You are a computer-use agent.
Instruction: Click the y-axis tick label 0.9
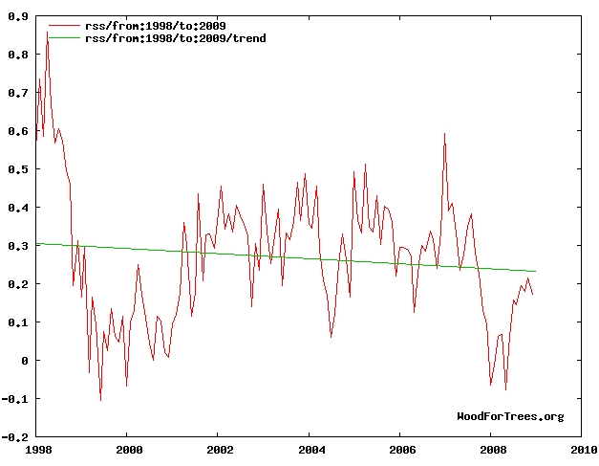coord(19,16)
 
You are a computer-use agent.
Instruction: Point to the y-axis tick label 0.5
coord(19,169)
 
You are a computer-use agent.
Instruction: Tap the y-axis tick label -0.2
coord(16,437)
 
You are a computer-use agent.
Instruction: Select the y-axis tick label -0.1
coord(16,399)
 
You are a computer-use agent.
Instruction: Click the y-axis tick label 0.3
coord(19,246)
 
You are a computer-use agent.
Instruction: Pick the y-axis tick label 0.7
coord(19,93)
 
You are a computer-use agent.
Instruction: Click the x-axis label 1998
coord(37,449)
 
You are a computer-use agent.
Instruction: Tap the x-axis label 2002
coord(220,449)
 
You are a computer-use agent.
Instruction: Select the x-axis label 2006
coord(401,449)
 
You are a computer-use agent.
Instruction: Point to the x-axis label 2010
coord(583,449)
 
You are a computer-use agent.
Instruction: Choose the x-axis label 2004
coord(310,449)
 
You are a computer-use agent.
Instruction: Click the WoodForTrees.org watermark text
coord(510,416)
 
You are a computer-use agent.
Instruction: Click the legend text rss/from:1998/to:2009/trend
coord(176,37)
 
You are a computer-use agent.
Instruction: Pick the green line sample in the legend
coord(63,37)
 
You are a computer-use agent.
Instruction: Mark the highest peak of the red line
coord(47,32)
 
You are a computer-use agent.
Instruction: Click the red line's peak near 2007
coord(444,134)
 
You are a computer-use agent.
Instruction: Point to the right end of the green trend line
coord(536,272)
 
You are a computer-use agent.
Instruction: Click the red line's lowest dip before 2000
coord(100,400)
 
